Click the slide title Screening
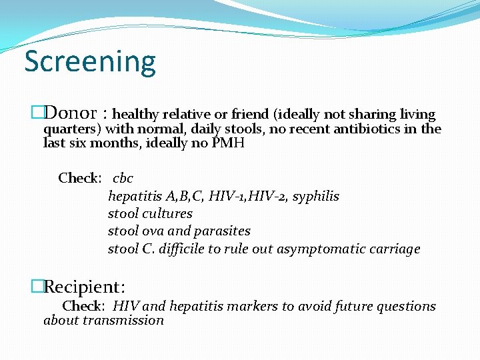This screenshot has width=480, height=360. [90, 62]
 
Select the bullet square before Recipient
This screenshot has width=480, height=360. [37, 287]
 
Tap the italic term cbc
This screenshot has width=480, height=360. [123, 178]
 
